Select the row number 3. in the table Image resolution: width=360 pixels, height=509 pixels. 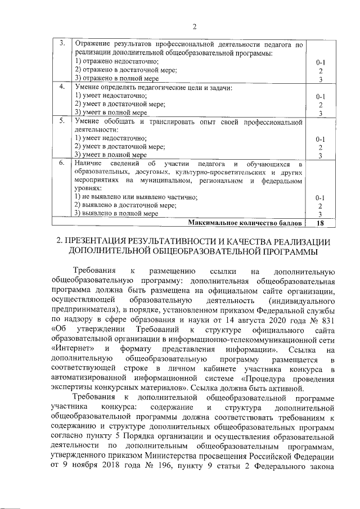[x=62, y=43]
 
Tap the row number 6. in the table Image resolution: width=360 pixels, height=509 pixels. [x=62, y=163]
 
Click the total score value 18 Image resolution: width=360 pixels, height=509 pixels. [x=320, y=223]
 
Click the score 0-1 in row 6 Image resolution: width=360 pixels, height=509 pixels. [x=320, y=198]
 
